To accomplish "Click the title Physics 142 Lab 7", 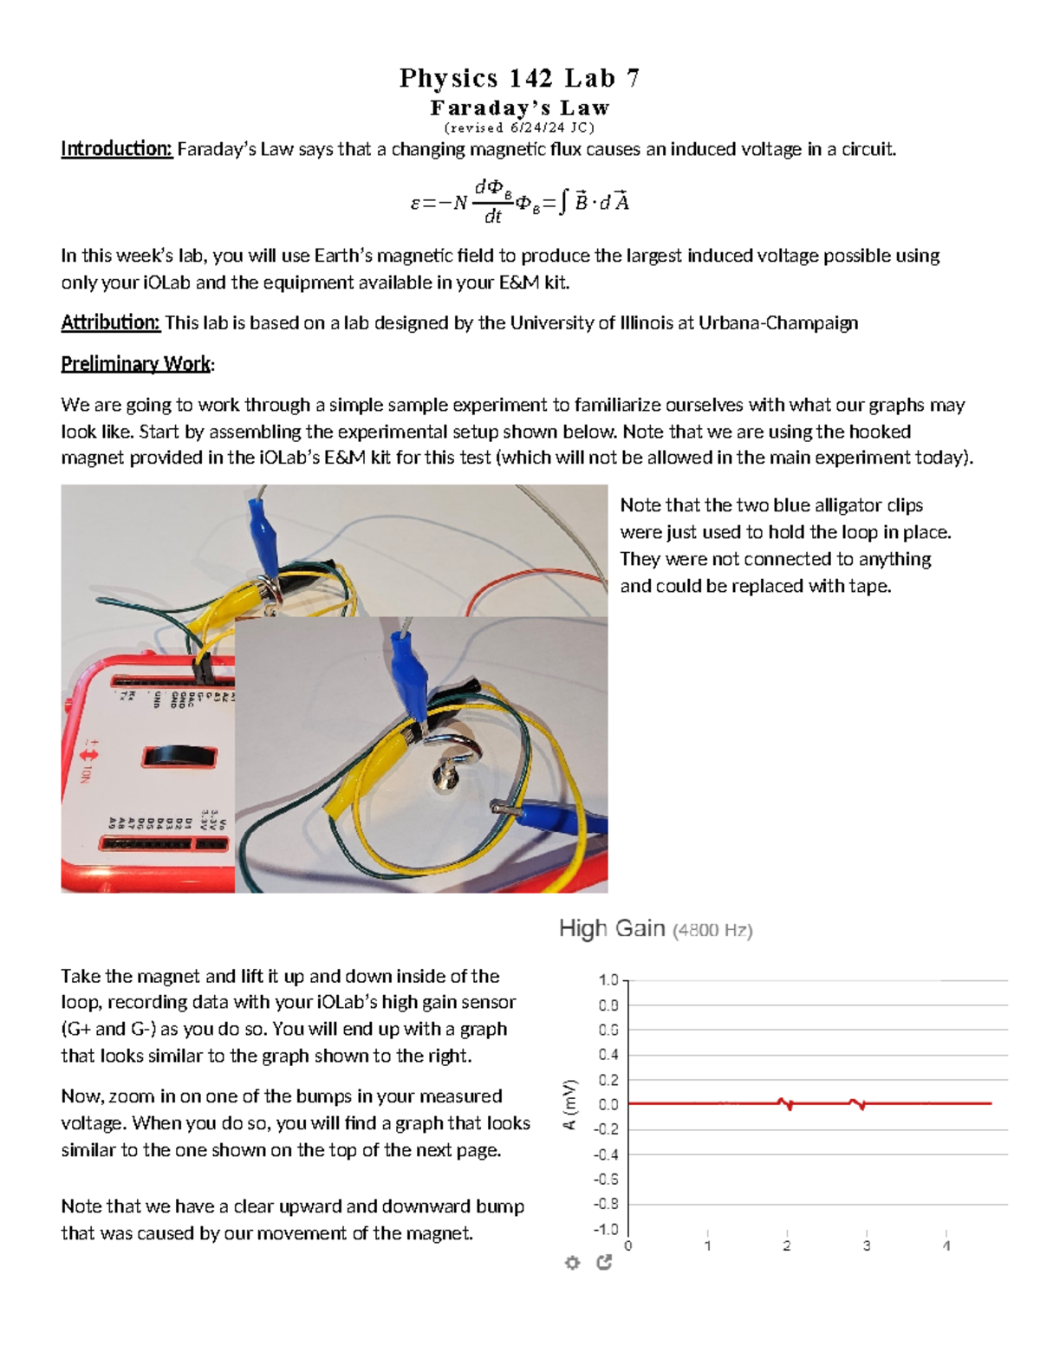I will point(519,78).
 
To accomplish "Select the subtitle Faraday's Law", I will point(520,108).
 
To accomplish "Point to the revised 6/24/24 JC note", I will point(519,127).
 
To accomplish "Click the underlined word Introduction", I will point(117,149).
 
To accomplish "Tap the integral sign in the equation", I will point(563,203).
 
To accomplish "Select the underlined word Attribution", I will point(110,323).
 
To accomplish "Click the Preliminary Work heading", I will point(136,364).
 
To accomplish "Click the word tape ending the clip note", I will point(870,586).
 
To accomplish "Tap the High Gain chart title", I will point(612,929).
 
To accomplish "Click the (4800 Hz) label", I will point(713,931).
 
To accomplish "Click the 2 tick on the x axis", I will point(787,1245).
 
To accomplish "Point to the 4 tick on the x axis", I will point(946,1245).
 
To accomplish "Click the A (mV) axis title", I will point(569,1104).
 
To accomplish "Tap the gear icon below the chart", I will point(572,1263).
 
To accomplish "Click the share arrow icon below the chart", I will point(604,1263).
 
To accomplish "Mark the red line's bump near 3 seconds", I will point(858,1104).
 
